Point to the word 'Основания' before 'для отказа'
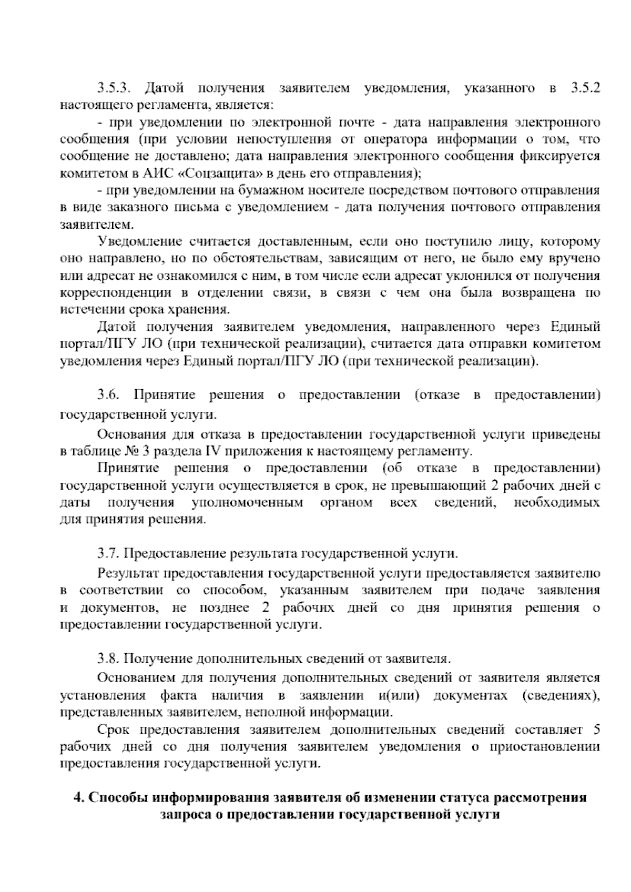tap(131, 434)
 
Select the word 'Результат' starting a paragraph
tap(128, 573)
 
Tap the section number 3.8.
tap(109, 658)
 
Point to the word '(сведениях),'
tap(562, 695)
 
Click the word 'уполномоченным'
tap(248, 503)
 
